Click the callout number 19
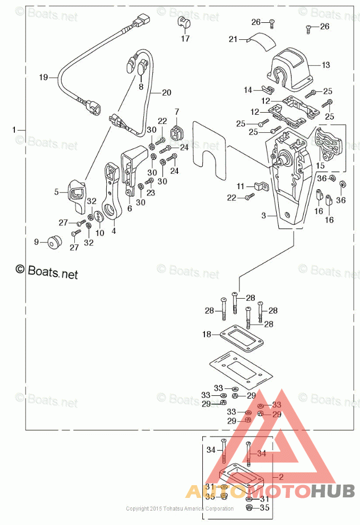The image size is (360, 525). [x=44, y=77]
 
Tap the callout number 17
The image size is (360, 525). [x=185, y=39]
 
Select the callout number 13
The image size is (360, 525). [x=325, y=65]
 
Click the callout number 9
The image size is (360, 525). [x=37, y=242]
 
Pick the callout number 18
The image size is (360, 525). [x=207, y=334]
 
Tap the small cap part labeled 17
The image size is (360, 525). [x=184, y=23]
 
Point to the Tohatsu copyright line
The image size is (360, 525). [x=179, y=509]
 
